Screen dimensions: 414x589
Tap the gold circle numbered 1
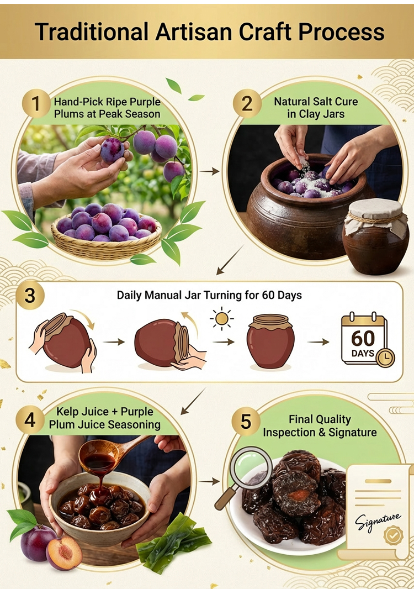[36, 103]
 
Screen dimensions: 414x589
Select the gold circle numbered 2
[247, 103]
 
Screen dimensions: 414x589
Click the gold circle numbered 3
[30, 295]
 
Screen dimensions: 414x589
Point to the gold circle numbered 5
[246, 422]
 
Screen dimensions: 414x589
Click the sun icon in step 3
[222, 319]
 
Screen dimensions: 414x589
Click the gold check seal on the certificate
[393, 536]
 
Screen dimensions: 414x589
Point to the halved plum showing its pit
[64, 552]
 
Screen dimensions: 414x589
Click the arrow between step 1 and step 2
[209, 172]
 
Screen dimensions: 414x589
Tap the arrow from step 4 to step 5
[209, 481]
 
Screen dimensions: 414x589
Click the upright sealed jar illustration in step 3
[270, 341]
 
